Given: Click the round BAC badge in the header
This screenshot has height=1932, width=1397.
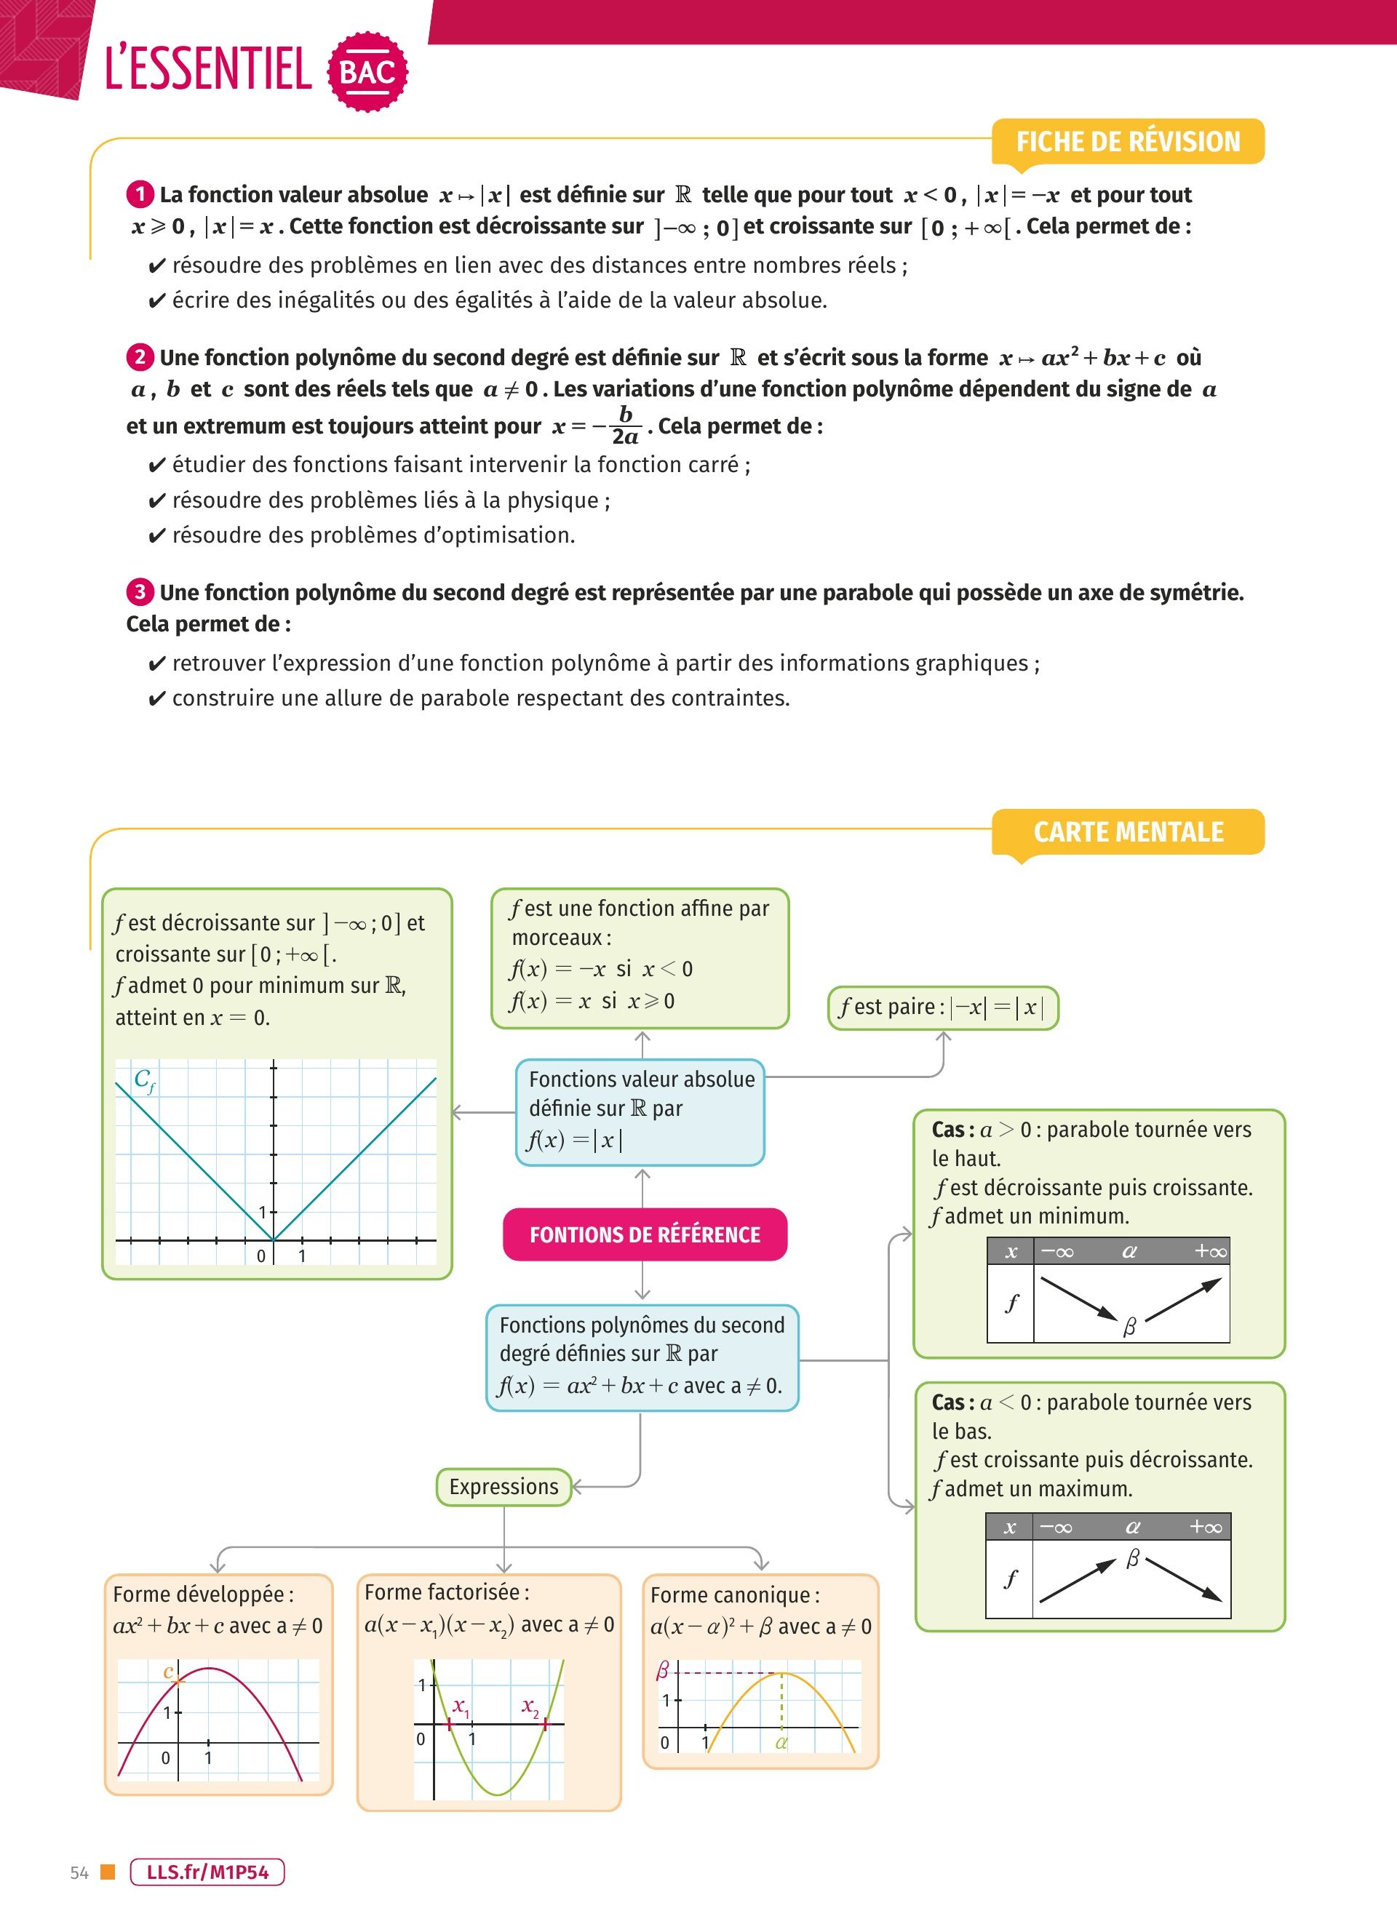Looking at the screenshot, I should pyautogui.click(x=367, y=71).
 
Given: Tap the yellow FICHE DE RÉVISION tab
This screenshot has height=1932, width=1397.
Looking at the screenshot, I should pyautogui.click(x=1128, y=141).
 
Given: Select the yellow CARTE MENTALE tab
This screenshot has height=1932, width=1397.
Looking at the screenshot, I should pyautogui.click(x=1128, y=831).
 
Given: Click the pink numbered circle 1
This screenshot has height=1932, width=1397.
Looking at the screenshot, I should pyautogui.click(x=140, y=195).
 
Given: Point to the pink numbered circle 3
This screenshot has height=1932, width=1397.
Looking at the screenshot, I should pyautogui.click(x=140, y=592).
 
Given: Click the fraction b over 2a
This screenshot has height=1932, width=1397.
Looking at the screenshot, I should pyautogui.click(x=625, y=425).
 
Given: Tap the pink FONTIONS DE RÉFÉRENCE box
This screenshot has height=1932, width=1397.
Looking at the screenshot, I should pyautogui.click(x=645, y=1234).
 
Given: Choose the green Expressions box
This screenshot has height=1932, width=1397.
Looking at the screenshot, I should pyautogui.click(x=504, y=1487).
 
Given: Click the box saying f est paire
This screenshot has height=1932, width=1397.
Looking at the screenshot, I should pyautogui.click(x=943, y=1007).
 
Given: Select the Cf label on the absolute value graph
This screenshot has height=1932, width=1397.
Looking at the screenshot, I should pyautogui.click(x=144, y=1080).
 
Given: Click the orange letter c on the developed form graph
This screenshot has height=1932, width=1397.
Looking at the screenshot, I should pyautogui.click(x=169, y=1672).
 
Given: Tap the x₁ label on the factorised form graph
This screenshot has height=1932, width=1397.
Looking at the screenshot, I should pyautogui.click(x=460, y=1707).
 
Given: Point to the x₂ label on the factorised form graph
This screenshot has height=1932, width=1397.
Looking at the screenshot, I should pyautogui.click(x=530, y=1707).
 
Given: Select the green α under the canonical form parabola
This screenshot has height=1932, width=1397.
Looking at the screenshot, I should pyautogui.click(x=781, y=1743).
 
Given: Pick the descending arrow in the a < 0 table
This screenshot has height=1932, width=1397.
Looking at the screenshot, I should pyautogui.click(x=1184, y=1580).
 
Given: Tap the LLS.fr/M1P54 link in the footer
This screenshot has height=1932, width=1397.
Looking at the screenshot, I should pyautogui.click(x=207, y=1872).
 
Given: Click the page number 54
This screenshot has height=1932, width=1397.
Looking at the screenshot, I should pyautogui.click(x=79, y=1873).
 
